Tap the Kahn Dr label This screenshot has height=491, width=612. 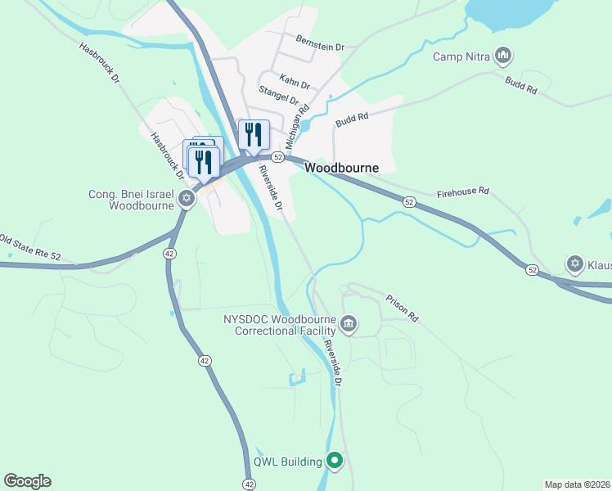(295, 82)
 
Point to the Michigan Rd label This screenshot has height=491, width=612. (297, 115)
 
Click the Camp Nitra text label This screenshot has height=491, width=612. (463, 56)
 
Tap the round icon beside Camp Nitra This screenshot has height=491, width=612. (503, 56)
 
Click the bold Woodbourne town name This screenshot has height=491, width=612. (342, 168)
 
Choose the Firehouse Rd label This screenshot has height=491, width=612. (462, 191)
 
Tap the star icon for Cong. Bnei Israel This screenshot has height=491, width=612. (187, 197)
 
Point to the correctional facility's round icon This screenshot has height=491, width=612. (349, 324)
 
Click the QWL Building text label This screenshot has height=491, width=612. (288, 462)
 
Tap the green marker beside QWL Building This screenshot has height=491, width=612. (334, 461)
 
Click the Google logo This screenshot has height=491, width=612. (27, 481)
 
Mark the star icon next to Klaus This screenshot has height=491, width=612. (575, 264)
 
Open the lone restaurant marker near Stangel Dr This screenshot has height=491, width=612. (254, 135)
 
